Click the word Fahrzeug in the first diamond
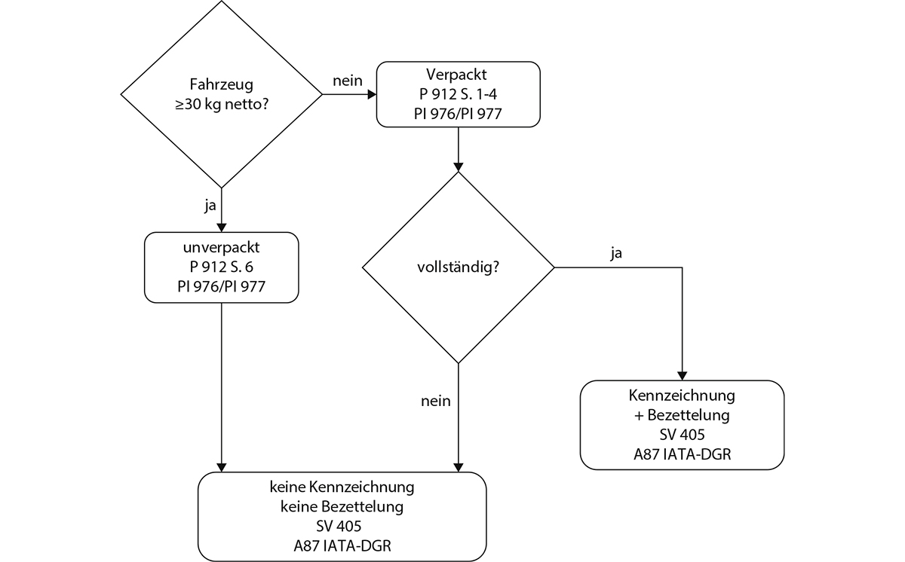(221, 85)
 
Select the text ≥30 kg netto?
(221, 104)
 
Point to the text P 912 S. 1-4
(458, 95)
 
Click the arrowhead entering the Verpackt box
(371, 94)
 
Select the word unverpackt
(221, 248)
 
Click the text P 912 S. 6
(221, 267)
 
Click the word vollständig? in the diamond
(458, 267)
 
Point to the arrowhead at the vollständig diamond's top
(458, 166)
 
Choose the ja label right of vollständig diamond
(616, 254)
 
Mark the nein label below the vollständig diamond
(435, 401)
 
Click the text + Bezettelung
(682, 415)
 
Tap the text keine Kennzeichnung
(342, 487)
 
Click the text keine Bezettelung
(342, 506)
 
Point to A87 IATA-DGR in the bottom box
(342, 545)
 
